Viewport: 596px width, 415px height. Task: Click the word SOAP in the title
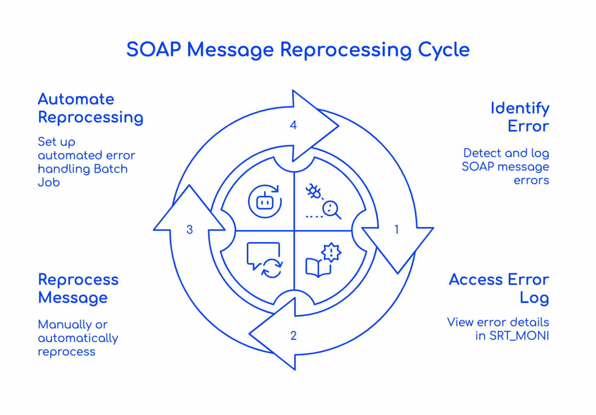154,50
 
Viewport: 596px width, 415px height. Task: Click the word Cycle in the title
444,50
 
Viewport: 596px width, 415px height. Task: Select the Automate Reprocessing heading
90,108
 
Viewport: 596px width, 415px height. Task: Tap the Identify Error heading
520,117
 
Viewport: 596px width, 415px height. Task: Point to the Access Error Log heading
499,288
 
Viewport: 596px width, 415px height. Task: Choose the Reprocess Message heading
78,288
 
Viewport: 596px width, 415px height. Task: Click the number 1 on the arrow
396,229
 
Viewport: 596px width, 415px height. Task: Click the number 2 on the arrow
293,336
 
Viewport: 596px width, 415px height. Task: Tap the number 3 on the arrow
189,229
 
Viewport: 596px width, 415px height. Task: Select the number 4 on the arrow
293,125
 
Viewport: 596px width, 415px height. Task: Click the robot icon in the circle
265,201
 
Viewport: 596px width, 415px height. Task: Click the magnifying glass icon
332,210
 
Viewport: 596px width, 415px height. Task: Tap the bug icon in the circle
314,191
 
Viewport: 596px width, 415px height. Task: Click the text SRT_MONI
519,336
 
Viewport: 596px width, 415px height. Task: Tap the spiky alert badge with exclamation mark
331,252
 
